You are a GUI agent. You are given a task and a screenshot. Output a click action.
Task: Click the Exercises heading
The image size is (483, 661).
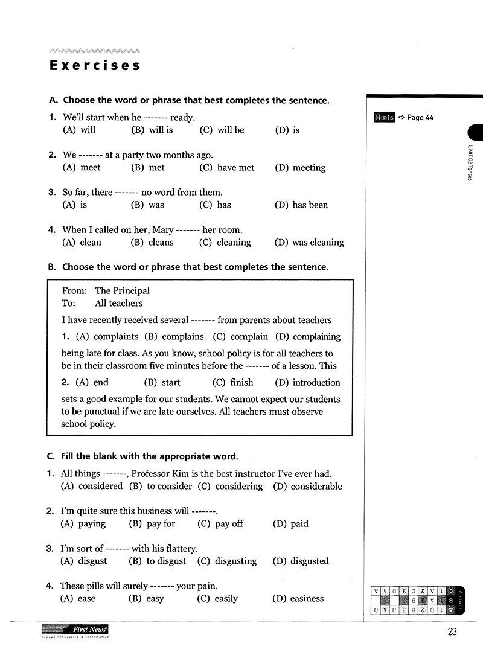[95, 65]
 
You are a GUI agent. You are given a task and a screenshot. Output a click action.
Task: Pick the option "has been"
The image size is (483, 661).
[310, 205]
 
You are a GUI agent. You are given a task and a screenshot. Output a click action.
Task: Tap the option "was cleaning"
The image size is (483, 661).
[318, 242]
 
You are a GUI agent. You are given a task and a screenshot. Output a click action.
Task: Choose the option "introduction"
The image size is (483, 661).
[316, 382]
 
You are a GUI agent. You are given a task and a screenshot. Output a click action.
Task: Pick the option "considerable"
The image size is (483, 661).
[316, 486]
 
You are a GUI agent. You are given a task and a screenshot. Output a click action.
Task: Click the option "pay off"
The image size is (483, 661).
[229, 523]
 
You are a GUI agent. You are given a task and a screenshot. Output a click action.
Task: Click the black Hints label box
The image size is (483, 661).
[384, 117]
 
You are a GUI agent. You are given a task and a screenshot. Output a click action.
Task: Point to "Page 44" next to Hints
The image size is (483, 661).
[420, 117]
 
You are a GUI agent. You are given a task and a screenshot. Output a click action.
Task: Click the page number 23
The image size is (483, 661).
[452, 632]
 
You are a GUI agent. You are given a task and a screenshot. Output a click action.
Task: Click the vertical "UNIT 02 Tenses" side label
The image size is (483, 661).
[470, 164]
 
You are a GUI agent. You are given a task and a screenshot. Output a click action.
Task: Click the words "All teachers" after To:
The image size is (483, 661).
[119, 303]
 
